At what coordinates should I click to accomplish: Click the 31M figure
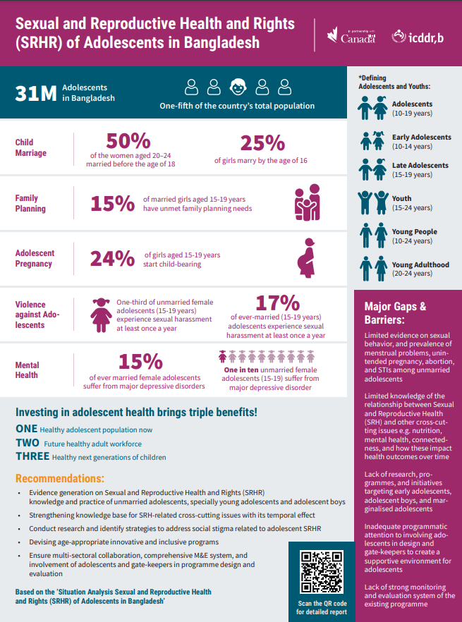tap(36, 94)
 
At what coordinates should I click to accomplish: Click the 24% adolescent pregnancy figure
tap(112, 259)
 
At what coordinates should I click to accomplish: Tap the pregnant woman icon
tap(308, 258)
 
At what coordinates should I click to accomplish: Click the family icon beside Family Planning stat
tap(307, 203)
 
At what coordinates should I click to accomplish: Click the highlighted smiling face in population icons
tap(238, 87)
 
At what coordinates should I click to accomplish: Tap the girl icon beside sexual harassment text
tap(102, 314)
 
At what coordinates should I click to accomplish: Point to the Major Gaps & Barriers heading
tap(395, 312)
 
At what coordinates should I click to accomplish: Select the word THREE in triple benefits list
tap(32, 456)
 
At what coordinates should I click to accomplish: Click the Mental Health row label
tap(28, 370)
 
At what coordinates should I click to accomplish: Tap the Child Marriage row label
tap(31, 147)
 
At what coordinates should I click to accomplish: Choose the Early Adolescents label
tap(422, 138)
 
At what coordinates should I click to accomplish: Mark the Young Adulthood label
tap(420, 265)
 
